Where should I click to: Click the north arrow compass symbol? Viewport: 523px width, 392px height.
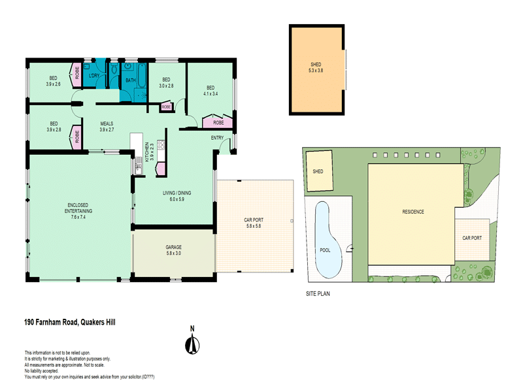pos(192,346)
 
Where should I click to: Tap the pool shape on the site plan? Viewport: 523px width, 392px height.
pos(328,240)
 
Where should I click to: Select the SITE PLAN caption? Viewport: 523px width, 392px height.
pos(318,293)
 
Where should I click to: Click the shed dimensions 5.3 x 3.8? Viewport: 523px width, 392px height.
pos(316,71)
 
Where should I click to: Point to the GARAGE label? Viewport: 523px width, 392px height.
pos(173,247)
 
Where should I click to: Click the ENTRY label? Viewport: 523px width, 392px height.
pos(217,138)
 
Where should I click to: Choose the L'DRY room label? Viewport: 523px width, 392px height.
pos(94,76)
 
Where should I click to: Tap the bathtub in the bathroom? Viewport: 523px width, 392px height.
pos(142,76)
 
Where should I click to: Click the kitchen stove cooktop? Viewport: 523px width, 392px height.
pos(161,144)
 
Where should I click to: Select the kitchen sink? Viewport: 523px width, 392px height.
pos(139,166)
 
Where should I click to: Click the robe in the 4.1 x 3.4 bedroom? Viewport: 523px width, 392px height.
pos(218,122)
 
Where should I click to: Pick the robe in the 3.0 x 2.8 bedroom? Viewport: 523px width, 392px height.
pos(167,106)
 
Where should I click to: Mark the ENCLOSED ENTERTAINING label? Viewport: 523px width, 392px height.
pos(78,208)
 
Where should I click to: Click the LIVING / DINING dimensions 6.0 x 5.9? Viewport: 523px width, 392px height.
pos(177,199)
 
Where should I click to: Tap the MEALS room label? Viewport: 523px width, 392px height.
pos(107,123)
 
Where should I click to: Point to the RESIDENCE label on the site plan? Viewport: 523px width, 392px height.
pos(413,212)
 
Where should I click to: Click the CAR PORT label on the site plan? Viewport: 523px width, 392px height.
pos(472,238)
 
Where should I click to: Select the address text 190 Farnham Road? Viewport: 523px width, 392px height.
pos(51,322)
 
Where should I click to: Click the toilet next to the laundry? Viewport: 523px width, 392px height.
pos(114,69)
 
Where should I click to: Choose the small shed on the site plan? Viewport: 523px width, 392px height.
pos(319,171)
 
